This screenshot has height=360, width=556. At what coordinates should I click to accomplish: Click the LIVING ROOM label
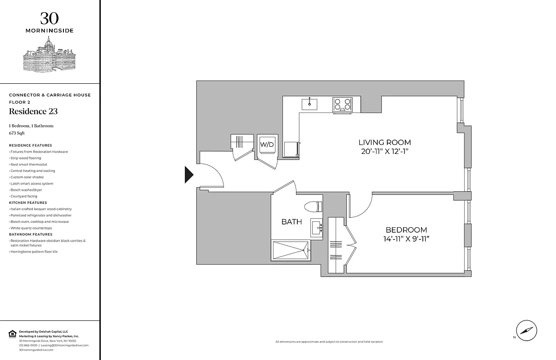(x=386, y=143)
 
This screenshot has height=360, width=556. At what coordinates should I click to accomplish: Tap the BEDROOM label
(x=406, y=229)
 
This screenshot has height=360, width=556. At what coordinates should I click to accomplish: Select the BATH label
(x=291, y=221)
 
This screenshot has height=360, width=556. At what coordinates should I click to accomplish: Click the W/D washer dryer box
(x=267, y=144)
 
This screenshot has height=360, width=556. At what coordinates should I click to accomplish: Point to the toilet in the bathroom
(x=314, y=207)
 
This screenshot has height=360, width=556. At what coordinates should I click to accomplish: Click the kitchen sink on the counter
(x=309, y=104)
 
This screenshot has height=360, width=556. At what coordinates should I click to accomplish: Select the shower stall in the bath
(x=290, y=250)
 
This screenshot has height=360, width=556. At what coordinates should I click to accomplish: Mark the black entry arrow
(x=189, y=175)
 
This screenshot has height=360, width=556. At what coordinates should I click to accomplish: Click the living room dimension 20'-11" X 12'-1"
(x=386, y=152)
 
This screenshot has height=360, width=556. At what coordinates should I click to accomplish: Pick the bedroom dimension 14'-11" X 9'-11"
(x=406, y=239)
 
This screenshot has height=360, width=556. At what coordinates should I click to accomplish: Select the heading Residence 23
(x=33, y=112)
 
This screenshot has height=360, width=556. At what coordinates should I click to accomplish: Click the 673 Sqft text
(x=18, y=133)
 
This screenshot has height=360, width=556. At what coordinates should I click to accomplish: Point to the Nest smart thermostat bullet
(x=28, y=165)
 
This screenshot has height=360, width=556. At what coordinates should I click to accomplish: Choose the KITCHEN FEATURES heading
(x=28, y=202)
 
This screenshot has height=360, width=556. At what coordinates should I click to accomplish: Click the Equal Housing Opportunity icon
(x=12, y=333)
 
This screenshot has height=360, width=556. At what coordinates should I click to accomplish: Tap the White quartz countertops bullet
(x=32, y=228)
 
